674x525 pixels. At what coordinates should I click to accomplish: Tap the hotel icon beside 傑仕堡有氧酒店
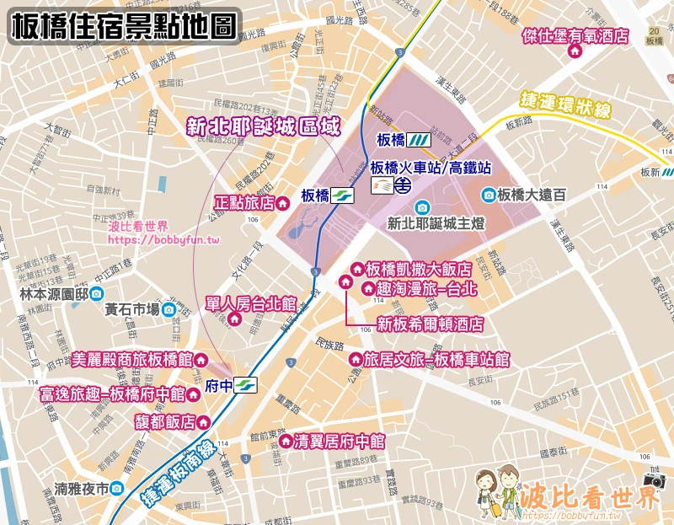pyautogui.click(x=576, y=51)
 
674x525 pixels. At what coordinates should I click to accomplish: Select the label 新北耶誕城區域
pyautogui.click(x=263, y=127)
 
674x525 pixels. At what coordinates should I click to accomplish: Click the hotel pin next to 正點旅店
pyautogui.click(x=284, y=202)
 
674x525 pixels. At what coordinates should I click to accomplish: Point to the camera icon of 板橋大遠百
pyautogui.click(x=488, y=195)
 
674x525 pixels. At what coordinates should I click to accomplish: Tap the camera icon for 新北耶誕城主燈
pyautogui.click(x=420, y=207)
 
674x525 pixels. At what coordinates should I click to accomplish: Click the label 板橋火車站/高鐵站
pyautogui.click(x=431, y=167)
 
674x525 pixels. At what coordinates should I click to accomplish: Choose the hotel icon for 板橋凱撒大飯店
pyautogui.click(x=356, y=270)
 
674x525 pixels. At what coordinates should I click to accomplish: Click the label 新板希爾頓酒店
pyautogui.click(x=430, y=323)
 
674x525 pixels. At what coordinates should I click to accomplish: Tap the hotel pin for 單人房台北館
pyautogui.click(x=235, y=319)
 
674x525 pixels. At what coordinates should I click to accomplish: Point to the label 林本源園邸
pyautogui.click(x=54, y=294)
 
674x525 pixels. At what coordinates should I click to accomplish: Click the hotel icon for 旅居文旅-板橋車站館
pyautogui.click(x=355, y=360)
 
